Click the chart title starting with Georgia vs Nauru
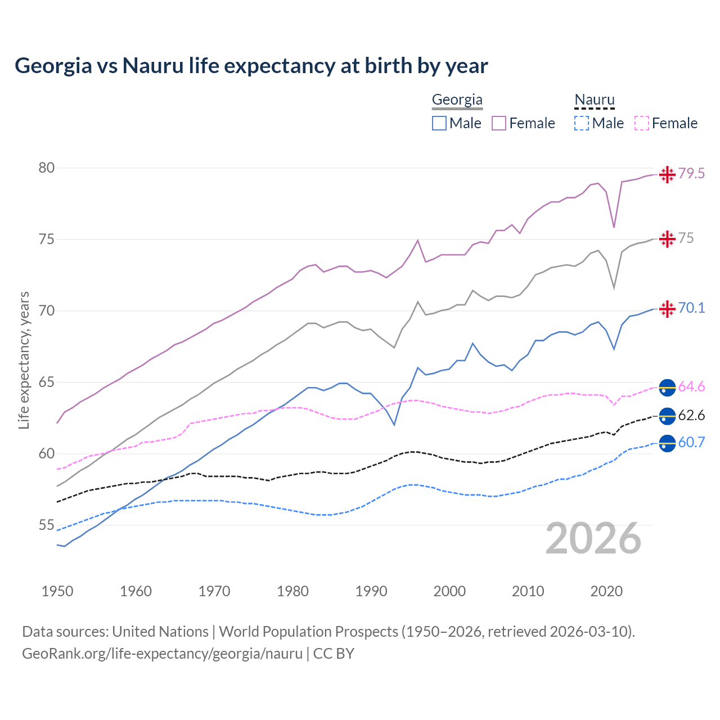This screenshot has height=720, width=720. click(251, 66)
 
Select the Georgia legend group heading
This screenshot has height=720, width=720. click(457, 100)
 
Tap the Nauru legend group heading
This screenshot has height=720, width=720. click(594, 100)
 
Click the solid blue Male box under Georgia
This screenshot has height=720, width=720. click(439, 123)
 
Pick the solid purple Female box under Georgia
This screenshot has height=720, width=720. click(499, 123)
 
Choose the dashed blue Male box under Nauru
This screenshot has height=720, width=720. click(582, 123)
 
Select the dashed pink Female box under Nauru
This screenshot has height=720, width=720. click(642, 123)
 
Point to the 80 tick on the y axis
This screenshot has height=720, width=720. click(47, 168)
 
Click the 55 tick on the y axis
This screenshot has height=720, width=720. click(47, 525)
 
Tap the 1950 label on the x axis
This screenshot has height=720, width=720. click(57, 591)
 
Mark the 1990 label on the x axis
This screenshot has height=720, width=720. click(371, 591)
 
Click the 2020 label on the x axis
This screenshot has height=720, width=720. click(606, 591)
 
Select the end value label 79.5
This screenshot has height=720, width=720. click(691, 174)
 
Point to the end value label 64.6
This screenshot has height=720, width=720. click(691, 387)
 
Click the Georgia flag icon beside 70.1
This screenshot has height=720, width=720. click(667, 309)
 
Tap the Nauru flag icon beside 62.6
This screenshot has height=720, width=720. click(667, 416)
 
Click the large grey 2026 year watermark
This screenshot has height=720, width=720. click(593, 538)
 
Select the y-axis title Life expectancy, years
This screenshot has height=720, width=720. click(24, 360)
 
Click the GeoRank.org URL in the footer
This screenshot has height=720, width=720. click(162, 654)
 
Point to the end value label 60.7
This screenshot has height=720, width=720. click(691, 443)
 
